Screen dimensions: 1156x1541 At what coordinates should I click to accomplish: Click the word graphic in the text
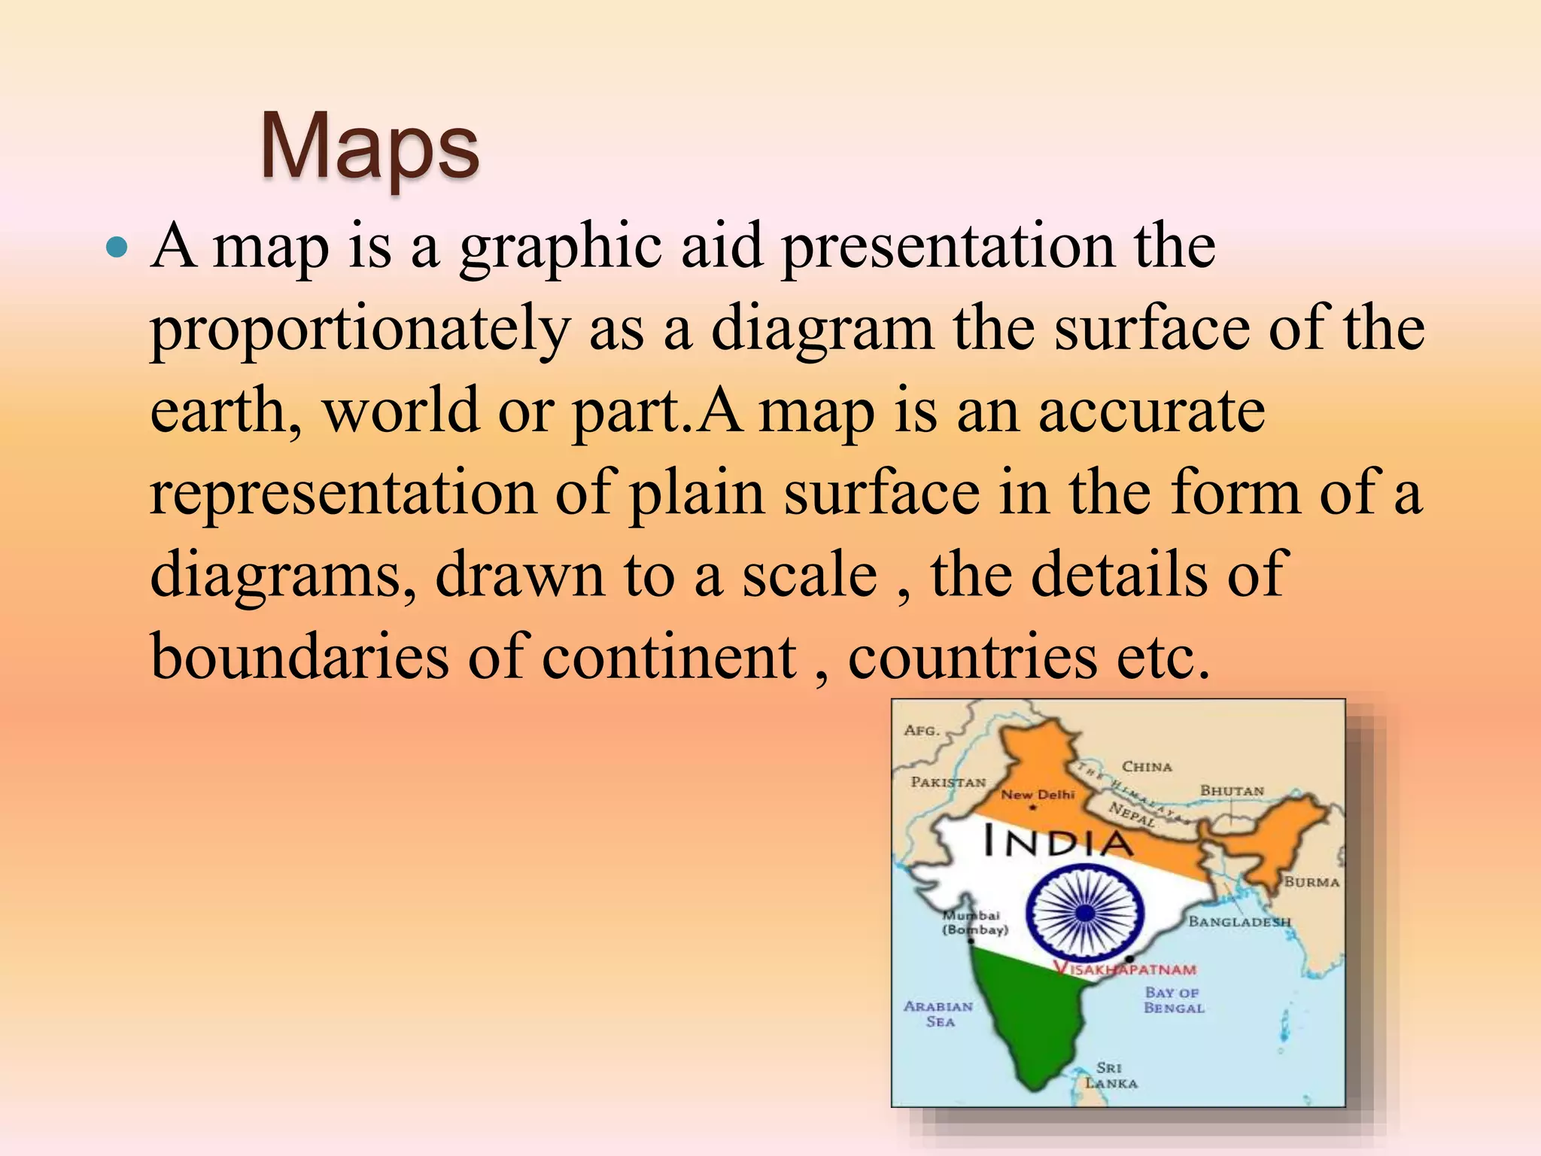pyautogui.click(x=561, y=248)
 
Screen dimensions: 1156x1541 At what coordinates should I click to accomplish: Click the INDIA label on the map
pyautogui.click(x=1058, y=841)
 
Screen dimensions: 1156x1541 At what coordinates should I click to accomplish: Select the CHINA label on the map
pyautogui.click(x=1147, y=767)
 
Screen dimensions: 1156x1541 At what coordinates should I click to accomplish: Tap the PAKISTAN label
pyautogui.click(x=948, y=782)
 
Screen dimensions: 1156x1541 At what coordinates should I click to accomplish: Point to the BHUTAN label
pyautogui.click(x=1232, y=791)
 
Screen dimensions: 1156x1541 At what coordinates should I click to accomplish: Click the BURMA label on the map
pyautogui.click(x=1312, y=882)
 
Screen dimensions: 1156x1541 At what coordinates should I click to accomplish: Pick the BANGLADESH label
pyautogui.click(x=1239, y=922)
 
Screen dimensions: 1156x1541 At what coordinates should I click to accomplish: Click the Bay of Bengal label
pyautogui.click(x=1174, y=1001)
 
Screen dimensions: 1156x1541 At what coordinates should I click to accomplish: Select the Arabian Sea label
pyautogui.click(x=938, y=1014)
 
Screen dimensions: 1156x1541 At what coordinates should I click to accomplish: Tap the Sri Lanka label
pyautogui.click(x=1111, y=1075)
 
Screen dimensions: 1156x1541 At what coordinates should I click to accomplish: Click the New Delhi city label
pyautogui.click(x=1038, y=795)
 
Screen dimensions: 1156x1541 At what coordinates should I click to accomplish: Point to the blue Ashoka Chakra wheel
pyautogui.click(x=1084, y=913)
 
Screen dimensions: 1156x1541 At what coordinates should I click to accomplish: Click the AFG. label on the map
pyautogui.click(x=922, y=730)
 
